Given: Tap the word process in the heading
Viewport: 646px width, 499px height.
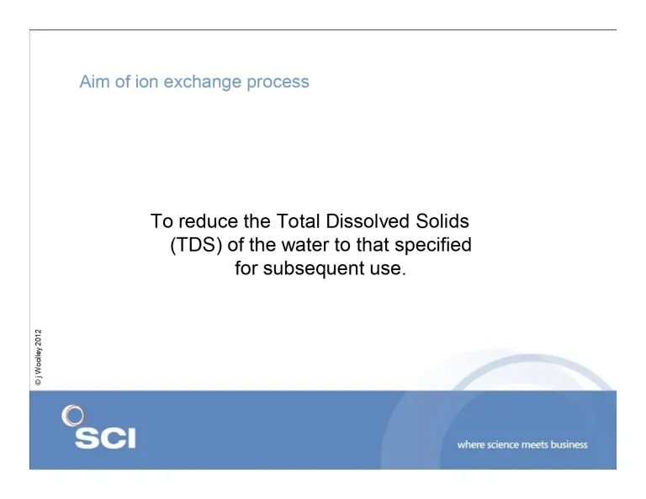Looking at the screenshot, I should [x=278, y=82].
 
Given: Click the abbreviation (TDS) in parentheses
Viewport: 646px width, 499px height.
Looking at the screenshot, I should [x=199, y=247].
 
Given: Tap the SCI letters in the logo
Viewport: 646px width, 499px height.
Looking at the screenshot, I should [x=104, y=438].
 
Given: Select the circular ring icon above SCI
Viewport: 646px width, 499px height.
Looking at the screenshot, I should [x=73, y=416].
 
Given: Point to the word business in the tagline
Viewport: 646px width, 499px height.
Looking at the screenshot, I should [x=568, y=444].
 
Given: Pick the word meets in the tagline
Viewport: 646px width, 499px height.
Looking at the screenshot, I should [x=537, y=444].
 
